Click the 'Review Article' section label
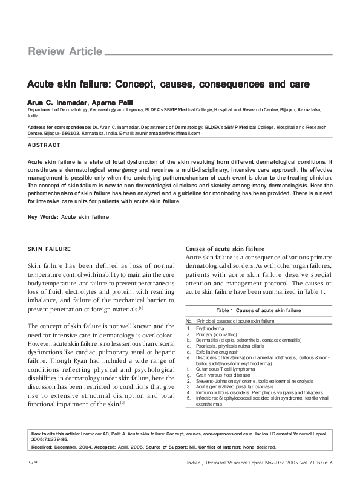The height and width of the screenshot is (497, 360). click(x=65, y=52)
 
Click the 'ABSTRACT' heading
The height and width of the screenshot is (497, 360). click(x=44, y=146)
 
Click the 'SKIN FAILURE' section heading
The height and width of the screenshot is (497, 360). click(x=50, y=249)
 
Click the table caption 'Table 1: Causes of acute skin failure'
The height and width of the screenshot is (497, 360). click(x=258, y=310)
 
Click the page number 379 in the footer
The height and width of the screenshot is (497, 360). click(x=33, y=479)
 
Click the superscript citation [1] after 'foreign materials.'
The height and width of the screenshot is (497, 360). click(x=141, y=308)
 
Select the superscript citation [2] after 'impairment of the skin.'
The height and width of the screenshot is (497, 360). click(x=123, y=403)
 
